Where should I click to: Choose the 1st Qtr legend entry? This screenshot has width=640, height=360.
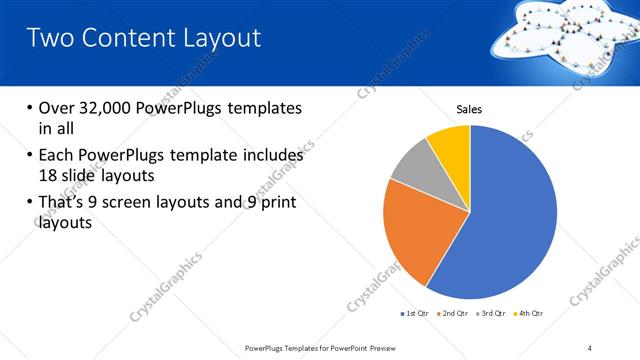coord(414,314)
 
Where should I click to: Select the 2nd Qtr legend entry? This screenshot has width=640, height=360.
coord(454,314)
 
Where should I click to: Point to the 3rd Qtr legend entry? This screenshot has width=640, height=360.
coord(491,314)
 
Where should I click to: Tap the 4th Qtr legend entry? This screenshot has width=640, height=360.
coord(528,314)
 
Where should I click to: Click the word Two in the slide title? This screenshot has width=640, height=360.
coord(49,38)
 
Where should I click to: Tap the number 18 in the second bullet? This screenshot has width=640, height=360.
coord(48,175)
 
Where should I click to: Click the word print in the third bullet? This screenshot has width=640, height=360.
coord(277,203)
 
